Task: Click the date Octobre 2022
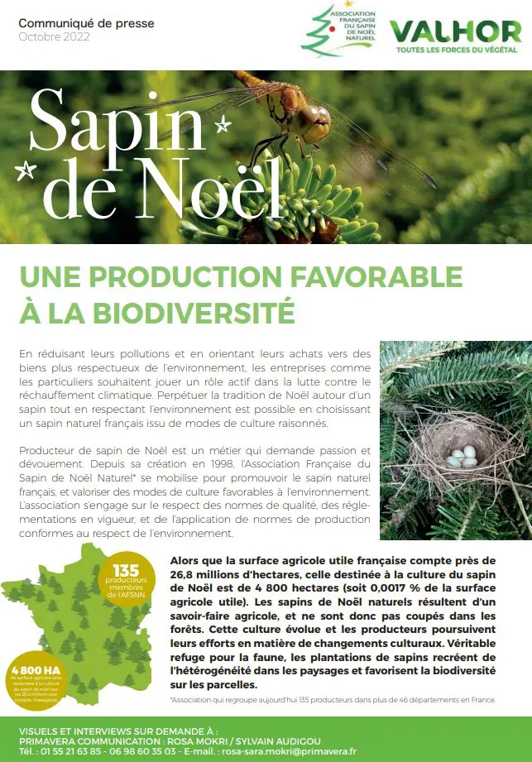54,37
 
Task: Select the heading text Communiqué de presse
86,23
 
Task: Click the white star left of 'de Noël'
26,171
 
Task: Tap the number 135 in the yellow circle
127,570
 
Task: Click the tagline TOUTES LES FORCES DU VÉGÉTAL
455,50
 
